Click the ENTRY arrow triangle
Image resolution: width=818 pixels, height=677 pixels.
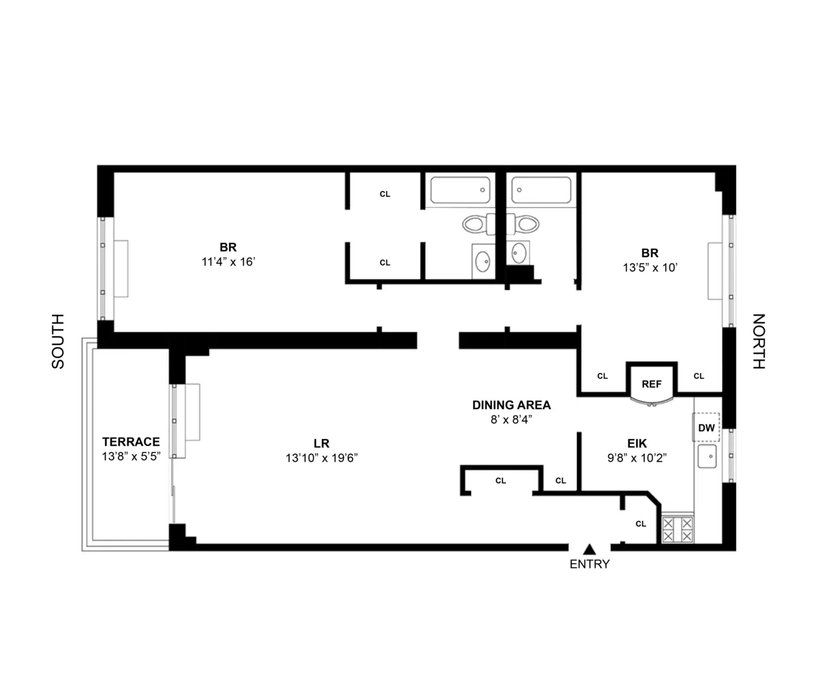(590, 549)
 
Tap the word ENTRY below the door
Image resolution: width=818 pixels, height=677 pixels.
(590, 565)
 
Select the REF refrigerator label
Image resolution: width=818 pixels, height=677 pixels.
(652, 384)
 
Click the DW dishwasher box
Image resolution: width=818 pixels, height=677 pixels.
(706, 428)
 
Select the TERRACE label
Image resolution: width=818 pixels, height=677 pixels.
(131, 442)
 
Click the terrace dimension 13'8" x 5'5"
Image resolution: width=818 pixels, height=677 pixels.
(131, 457)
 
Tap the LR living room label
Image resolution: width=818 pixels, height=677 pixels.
(322, 442)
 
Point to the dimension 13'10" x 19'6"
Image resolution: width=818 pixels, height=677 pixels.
(322, 458)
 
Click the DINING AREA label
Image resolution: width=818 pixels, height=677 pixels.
(511, 405)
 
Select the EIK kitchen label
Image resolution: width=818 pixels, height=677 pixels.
(637, 442)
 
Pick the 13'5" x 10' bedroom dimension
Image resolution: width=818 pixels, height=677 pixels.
(650, 268)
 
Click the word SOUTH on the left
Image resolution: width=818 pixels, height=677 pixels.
(59, 341)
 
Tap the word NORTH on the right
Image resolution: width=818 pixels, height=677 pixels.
(759, 341)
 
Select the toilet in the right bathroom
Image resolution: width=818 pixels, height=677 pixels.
(526, 224)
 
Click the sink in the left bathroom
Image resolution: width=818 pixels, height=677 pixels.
(483, 260)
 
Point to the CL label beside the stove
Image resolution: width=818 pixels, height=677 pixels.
(640, 524)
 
